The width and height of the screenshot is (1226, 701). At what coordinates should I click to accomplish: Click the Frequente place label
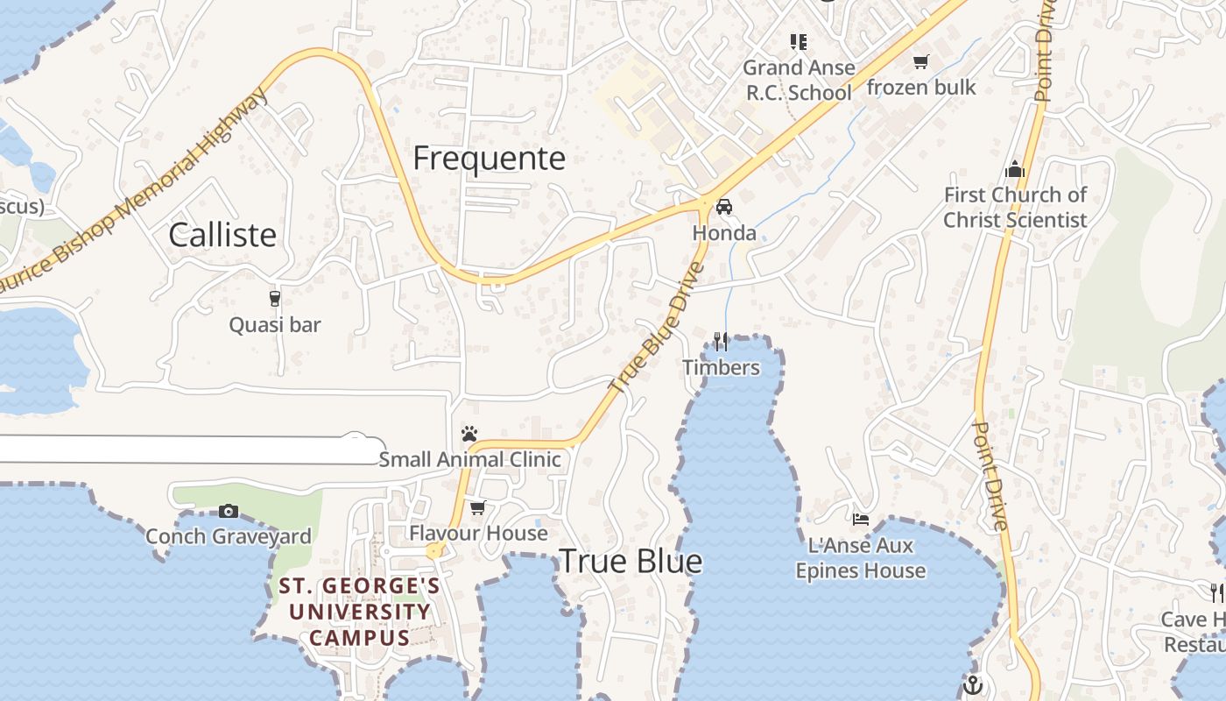coord(489,159)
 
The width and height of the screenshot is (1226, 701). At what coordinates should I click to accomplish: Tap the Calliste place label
coord(222,235)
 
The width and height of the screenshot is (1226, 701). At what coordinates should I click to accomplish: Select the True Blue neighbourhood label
coord(631,562)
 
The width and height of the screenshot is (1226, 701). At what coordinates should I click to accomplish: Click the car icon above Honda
coord(724,207)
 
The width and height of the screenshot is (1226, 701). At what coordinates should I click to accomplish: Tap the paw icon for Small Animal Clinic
coord(469,434)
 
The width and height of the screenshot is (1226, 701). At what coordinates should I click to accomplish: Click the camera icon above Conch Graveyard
coord(229,511)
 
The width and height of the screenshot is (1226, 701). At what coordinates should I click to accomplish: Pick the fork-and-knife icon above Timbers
coord(721,341)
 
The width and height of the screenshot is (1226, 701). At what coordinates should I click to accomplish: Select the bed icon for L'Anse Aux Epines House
coord(861,520)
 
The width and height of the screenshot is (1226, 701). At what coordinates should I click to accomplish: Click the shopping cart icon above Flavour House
coord(478,507)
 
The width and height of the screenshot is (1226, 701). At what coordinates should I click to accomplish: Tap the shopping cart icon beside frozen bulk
coord(920,61)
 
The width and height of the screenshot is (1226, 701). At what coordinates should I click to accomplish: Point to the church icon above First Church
coord(1015,168)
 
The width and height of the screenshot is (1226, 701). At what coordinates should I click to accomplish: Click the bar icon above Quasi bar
coord(275,299)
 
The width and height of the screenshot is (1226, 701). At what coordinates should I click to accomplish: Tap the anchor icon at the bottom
coord(972,684)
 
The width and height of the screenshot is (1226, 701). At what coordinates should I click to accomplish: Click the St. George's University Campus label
coord(360,611)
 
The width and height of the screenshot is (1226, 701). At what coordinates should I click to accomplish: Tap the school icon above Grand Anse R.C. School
coord(798,41)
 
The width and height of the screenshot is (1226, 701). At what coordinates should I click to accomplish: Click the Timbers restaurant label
coord(721,367)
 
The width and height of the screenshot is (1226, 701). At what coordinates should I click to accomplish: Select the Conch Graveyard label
coord(228,536)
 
